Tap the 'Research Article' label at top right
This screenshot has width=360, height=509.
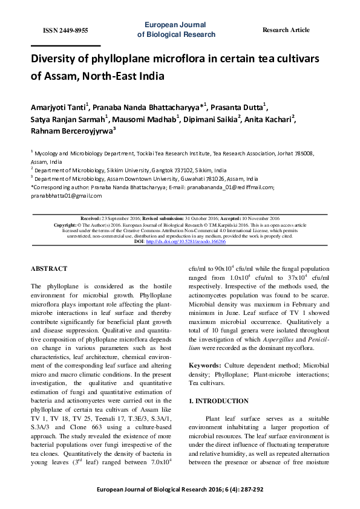(286, 30)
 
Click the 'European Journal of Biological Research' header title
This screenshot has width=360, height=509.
(176, 30)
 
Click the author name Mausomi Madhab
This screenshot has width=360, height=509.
(144, 119)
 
